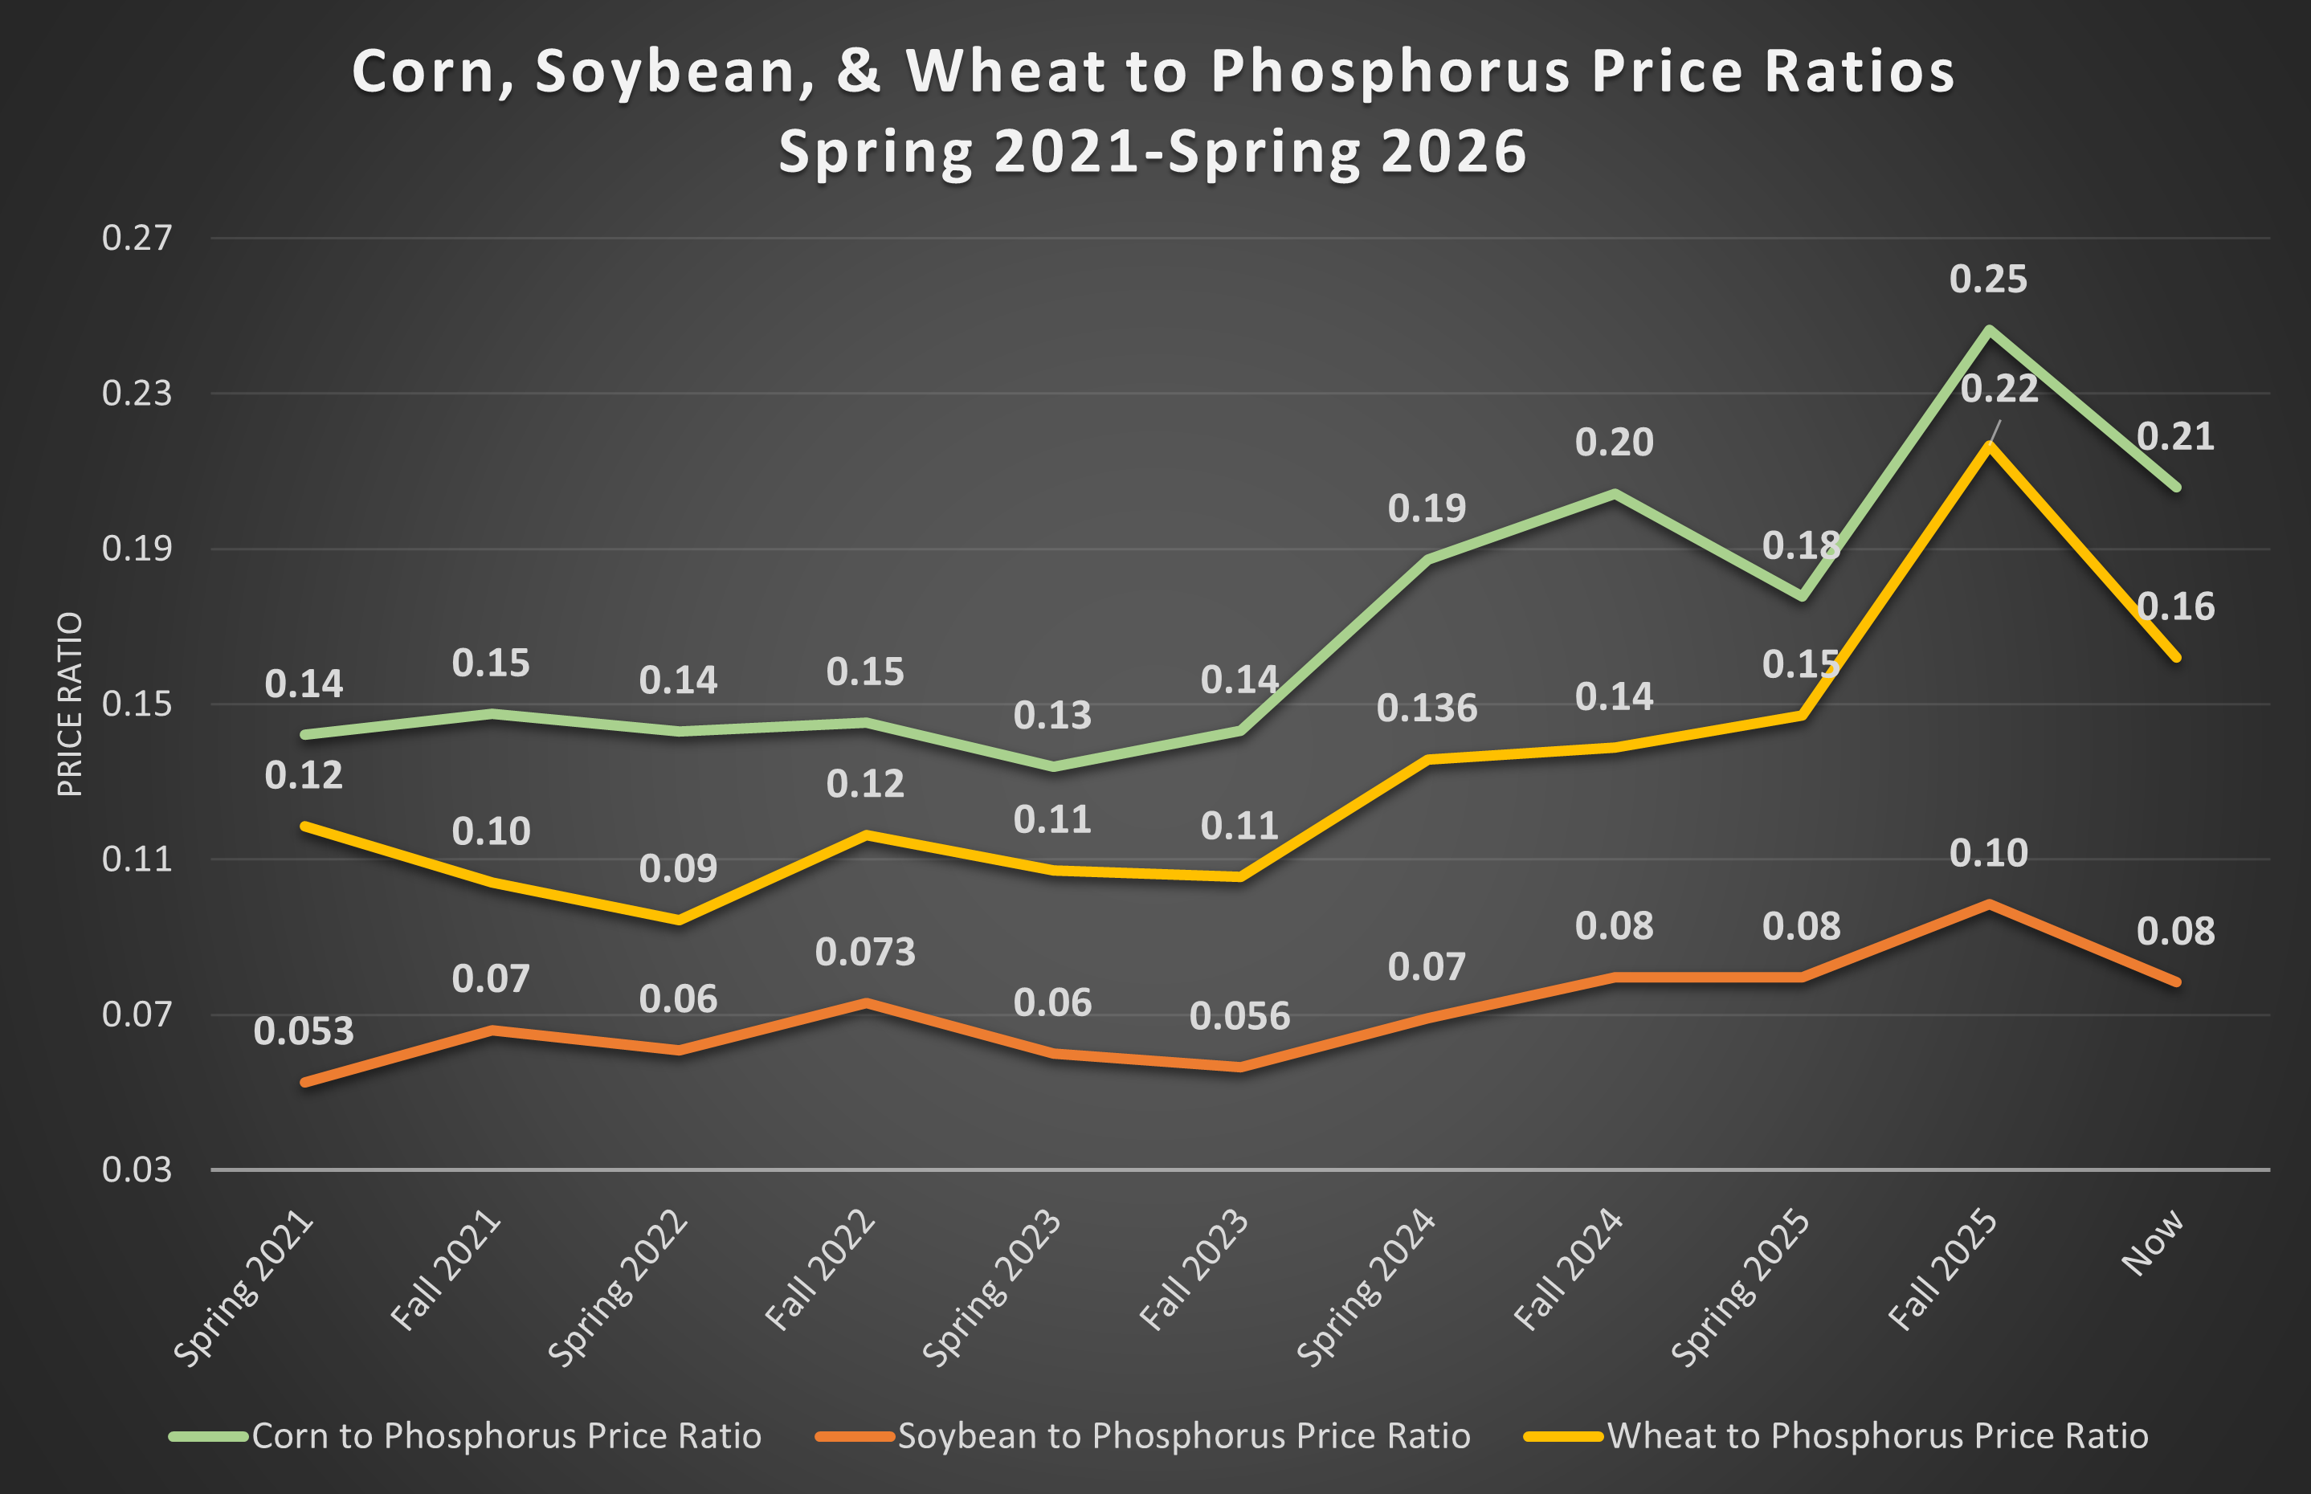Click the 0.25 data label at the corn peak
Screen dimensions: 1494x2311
1988,280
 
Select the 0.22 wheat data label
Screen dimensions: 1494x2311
1999,389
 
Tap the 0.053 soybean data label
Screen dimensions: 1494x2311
304,1031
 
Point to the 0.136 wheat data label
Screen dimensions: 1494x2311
1426,708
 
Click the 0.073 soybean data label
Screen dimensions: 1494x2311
864,952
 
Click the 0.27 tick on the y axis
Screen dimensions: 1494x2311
137,238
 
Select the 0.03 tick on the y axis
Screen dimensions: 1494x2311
137,1169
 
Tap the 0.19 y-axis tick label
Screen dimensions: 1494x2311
137,548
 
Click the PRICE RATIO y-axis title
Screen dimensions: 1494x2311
70,704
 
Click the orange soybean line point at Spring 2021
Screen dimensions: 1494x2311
305,1082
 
